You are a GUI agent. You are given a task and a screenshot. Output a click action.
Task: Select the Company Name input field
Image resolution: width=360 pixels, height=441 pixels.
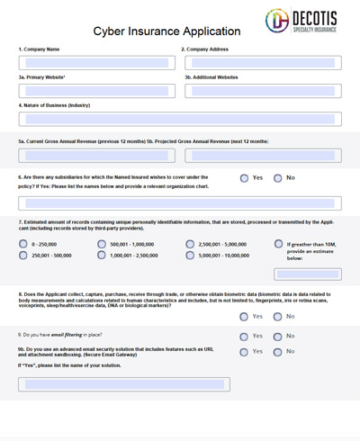(94, 63)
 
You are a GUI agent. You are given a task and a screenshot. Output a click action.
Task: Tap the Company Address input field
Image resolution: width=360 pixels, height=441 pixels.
(263, 63)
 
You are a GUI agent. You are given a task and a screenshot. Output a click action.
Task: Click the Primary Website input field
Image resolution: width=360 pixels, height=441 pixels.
(94, 91)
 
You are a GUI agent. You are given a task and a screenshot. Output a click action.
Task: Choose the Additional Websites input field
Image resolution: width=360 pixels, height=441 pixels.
(263, 91)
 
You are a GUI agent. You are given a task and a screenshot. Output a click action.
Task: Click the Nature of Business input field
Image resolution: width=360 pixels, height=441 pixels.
(180, 119)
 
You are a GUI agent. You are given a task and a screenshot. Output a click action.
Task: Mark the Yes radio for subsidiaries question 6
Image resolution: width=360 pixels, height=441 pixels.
(245, 178)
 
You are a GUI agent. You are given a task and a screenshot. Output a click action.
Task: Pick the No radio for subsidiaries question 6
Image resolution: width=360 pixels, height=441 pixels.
(278, 178)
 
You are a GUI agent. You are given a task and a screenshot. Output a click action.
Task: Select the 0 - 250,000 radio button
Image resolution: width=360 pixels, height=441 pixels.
(22, 244)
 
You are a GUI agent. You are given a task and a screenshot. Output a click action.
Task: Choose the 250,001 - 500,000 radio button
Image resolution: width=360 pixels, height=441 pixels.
(22, 256)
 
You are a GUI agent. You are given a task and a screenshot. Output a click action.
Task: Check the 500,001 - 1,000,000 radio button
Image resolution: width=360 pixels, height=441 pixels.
(101, 244)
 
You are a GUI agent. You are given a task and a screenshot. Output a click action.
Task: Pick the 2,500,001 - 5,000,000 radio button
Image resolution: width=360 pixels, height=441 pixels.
(190, 244)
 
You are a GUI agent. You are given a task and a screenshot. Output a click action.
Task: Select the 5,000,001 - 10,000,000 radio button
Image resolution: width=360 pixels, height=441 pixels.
(190, 256)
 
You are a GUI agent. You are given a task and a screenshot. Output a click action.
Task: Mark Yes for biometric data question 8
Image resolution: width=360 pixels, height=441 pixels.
(245, 316)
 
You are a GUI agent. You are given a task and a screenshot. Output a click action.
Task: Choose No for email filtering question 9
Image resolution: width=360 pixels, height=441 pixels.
(278, 336)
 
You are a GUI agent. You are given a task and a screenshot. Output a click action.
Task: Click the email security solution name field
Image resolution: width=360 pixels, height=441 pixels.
(123, 384)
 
